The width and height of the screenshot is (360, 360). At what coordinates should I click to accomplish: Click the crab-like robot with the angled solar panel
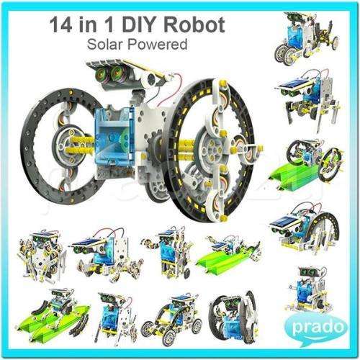(96, 251)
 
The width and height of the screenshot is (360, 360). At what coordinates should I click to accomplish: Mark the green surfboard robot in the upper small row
(230, 252)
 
